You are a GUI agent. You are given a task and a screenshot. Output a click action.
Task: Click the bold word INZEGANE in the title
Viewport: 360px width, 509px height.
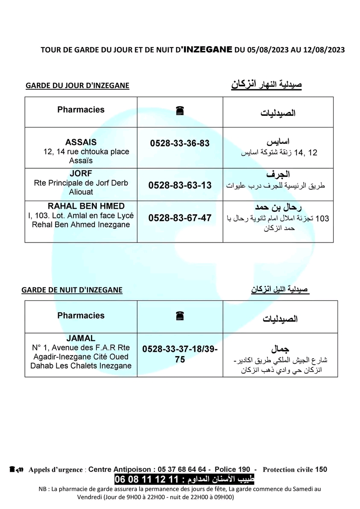(207, 50)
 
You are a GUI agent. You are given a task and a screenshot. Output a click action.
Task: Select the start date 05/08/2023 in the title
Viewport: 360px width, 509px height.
(265, 50)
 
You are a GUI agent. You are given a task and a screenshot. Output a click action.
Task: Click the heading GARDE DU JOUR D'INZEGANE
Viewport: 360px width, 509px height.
(77, 86)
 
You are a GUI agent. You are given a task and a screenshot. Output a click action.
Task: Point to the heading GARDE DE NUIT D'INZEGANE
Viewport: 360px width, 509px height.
(72, 290)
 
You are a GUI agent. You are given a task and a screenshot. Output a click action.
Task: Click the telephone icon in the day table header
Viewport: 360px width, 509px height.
(180, 111)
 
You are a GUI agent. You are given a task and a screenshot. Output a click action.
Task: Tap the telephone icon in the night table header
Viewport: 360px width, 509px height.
(180, 316)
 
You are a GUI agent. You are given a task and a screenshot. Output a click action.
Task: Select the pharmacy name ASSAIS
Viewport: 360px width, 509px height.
(81, 143)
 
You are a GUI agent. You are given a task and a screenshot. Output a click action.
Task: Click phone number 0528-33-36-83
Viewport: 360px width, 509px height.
(180, 143)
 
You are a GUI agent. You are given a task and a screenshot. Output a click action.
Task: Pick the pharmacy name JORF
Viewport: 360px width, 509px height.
(81, 174)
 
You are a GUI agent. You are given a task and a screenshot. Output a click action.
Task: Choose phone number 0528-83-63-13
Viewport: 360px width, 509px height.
(180, 185)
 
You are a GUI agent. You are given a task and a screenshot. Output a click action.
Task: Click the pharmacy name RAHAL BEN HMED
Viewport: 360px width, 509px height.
(81, 206)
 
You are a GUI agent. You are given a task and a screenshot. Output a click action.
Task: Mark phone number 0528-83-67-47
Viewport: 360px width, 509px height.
(180, 218)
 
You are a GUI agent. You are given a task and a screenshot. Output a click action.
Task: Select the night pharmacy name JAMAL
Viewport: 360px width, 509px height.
(81, 338)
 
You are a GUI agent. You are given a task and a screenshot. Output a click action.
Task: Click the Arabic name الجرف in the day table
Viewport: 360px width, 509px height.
(278, 175)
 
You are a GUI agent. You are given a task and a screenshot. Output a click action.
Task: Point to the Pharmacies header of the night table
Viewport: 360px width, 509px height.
(81, 316)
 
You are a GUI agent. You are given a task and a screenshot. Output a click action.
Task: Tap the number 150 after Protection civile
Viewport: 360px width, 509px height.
(321, 470)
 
